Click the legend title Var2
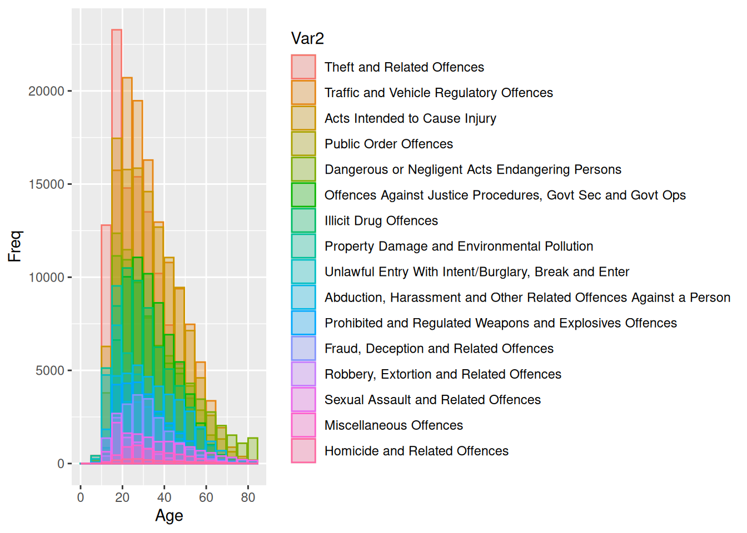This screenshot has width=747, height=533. (x=307, y=38)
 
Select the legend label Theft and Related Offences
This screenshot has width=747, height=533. (x=404, y=67)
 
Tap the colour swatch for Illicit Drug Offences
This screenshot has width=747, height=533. (x=303, y=220)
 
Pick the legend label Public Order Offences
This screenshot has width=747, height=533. (x=389, y=144)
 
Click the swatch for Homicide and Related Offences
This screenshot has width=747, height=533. (x=303, y=450)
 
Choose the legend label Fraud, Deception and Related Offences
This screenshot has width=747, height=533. (x=439, y=348)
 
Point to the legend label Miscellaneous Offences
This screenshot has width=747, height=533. (x=394, y=425)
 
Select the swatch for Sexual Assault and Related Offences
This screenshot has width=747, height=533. (x=303, y=399)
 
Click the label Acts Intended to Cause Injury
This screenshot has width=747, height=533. (x=410, y=118)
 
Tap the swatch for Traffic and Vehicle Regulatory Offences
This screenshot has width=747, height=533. (x=303, y=93)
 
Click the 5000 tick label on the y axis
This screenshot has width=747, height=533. (x=50, y=370)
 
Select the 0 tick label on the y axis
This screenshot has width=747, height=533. (x=61, y=464)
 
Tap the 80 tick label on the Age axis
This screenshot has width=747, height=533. (x=248, y=497)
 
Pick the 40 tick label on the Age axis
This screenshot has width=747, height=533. (x=165, y=497)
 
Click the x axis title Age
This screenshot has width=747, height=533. (x=169, y=516)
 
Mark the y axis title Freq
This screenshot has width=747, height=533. (x=14, y=246)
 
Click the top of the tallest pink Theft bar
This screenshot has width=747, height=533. (x=117, y=30)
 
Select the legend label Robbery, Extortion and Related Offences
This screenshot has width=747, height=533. (x=443, y=374)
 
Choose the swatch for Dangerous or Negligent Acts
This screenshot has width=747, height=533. (x=303, y=169)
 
